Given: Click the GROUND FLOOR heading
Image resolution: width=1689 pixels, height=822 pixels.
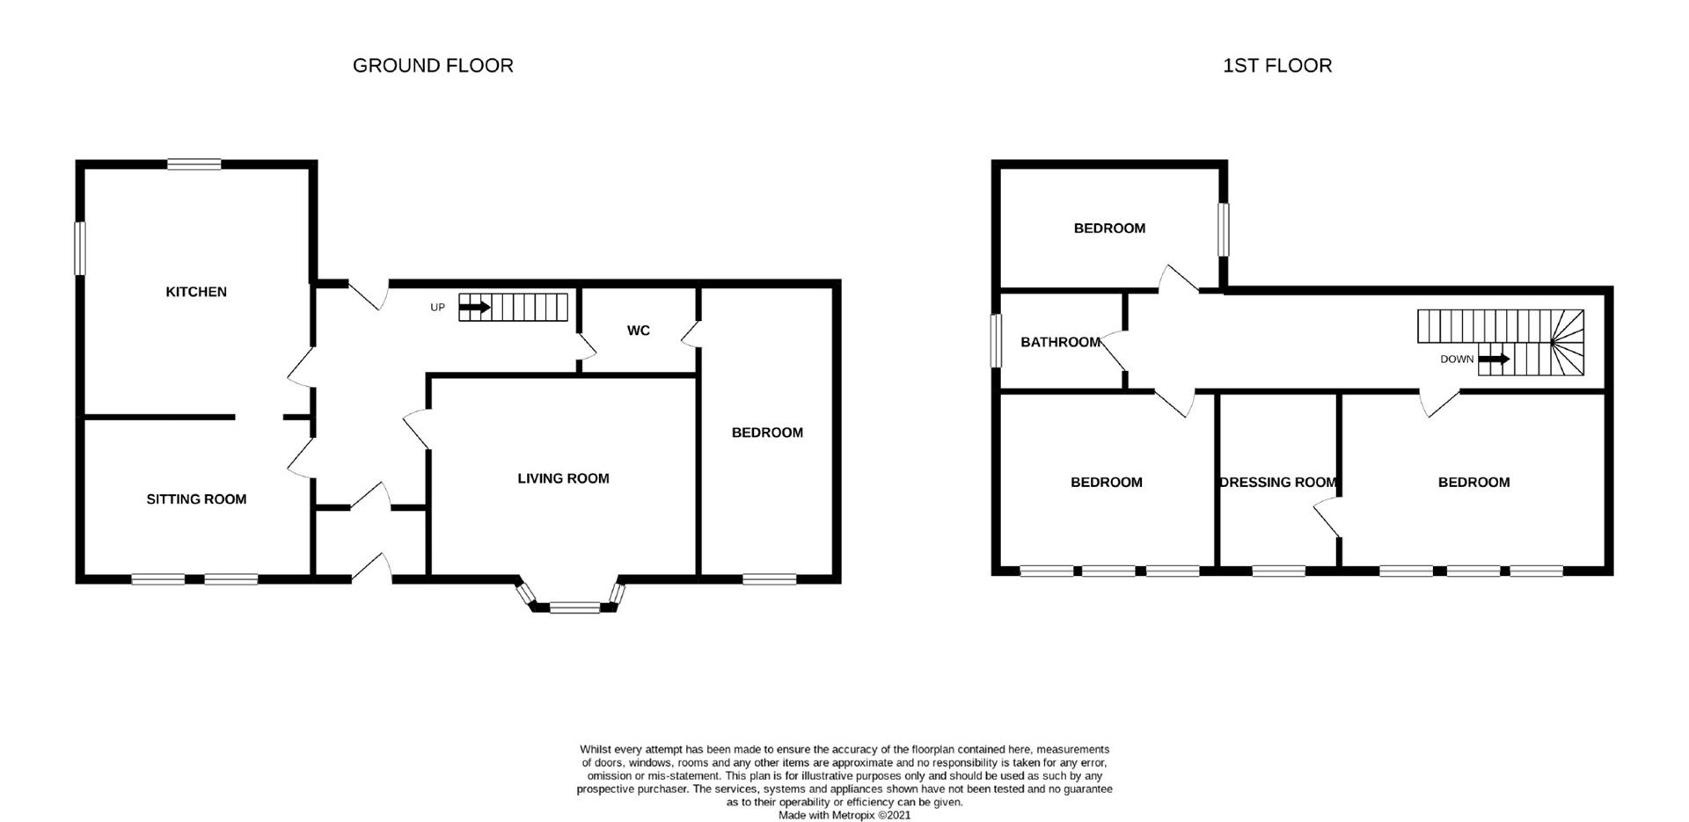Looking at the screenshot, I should coord(432,66).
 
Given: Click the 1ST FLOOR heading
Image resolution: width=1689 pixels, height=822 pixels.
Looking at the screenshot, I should coord(1276,66).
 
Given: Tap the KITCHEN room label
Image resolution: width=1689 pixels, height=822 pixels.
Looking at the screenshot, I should coord(196,292).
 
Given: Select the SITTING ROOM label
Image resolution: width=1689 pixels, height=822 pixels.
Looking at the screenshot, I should coord(196,499).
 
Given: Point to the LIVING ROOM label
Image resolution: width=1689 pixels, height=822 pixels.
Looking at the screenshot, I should coord(563,478).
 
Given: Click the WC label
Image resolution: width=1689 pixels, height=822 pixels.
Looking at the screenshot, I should coord(639,331).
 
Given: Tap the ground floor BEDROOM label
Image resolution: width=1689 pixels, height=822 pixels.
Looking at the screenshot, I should coord(767,433).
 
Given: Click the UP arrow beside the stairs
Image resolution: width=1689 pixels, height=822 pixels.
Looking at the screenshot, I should coord(475,308).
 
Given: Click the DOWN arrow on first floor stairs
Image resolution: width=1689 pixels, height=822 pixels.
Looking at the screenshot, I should coord(1494,359).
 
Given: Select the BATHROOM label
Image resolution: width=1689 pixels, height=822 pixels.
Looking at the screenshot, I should coord(1060,342).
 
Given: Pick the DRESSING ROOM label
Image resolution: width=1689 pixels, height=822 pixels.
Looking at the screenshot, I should coord(1278,482).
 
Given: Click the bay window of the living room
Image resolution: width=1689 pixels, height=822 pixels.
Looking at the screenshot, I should coord(574,606).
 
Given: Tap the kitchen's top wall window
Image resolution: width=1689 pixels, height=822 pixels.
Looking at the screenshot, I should coord(194,164).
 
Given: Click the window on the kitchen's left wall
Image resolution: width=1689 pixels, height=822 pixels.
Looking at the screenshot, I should coord(79,248).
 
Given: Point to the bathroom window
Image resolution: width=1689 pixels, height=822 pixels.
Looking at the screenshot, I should coord(996,341).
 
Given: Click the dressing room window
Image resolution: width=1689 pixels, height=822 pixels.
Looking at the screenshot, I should coord(1278,571).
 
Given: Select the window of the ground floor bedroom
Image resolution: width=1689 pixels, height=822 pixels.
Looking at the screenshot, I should coord(769,578).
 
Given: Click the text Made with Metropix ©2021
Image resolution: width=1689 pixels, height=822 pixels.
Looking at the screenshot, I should coord(844,815).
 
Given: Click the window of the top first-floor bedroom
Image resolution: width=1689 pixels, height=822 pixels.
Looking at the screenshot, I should coord(1223,230).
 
